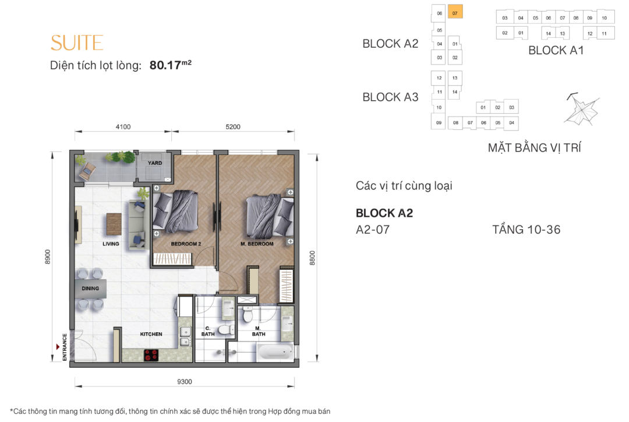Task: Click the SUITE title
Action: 77,43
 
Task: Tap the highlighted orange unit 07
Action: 455,12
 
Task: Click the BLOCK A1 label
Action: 556,51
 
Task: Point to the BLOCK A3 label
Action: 390,97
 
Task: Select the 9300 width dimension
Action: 185,382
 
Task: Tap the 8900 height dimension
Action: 48,257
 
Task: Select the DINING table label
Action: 90,289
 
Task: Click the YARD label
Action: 155,163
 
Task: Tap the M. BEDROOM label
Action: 257,244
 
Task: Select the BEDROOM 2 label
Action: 186,244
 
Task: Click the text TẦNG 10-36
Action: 526,230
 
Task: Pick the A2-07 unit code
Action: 373,230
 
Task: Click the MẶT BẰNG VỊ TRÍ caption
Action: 534,148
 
